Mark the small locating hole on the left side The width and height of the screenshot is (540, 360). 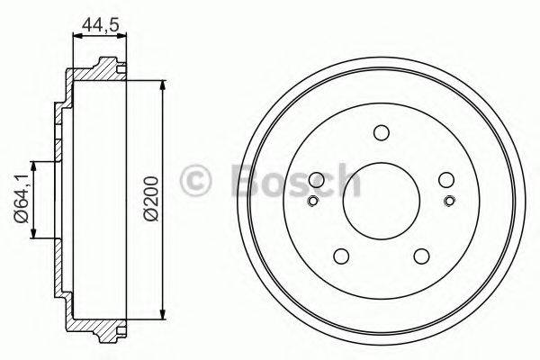pyautogui.click(x=313, y=201)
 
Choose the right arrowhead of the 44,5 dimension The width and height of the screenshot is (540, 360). pyautogui.click(x=122, y=35)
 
